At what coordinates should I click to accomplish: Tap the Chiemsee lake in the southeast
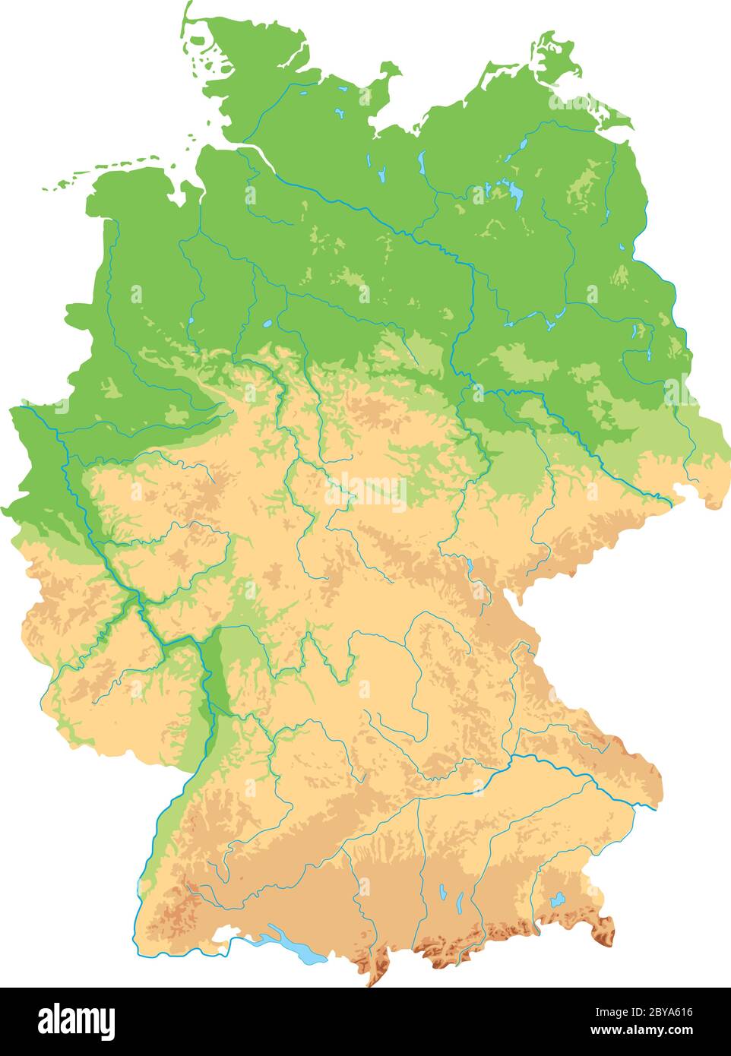[559, 899]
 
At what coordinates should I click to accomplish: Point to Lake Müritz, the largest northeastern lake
[517, 195]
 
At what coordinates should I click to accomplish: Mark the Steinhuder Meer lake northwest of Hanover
[267, 324]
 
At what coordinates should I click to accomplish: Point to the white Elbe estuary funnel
[251, 148]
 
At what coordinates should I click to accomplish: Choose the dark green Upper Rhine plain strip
[218, 669]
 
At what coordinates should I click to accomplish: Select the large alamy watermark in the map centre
[365, 492]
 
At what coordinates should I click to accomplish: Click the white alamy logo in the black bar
[76, 1020]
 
